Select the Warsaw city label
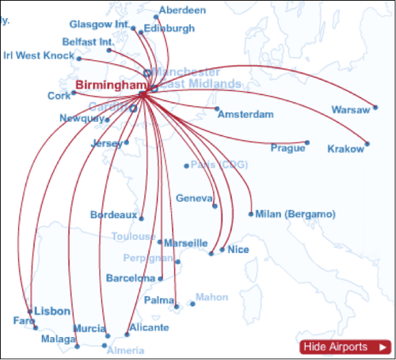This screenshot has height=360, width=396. click(350, 109)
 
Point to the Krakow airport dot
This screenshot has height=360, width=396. click(367, 144)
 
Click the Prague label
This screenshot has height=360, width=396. click(287, 148)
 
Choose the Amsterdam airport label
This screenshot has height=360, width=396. click(246, 115)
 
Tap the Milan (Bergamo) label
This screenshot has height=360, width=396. click(295, 214)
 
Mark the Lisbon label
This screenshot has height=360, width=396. click(52, 311)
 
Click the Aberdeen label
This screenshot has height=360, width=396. click(182, 10)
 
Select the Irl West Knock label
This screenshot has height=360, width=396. click(39, 55)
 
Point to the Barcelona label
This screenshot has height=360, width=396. click(131, 279)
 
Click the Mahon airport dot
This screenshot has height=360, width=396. click(192, 304)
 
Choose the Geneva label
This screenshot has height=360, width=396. click(194, 198)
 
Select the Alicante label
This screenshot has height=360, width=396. click(150, 328)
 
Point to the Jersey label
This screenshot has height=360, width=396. click(108, 144)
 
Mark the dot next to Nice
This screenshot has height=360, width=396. click(223, 249)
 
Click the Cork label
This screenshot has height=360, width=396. click(59, 96)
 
